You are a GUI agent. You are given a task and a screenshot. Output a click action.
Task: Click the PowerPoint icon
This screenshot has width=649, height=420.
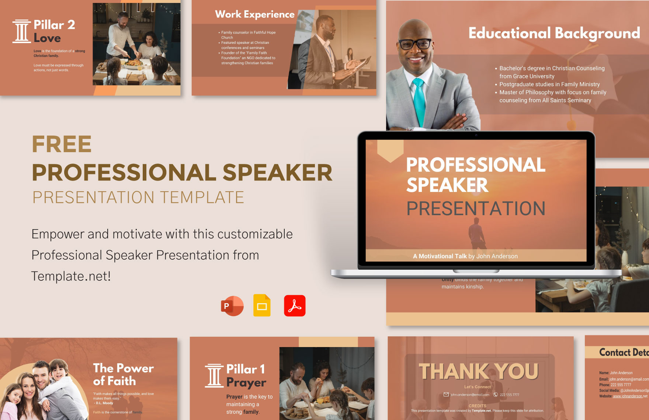click(232, 306)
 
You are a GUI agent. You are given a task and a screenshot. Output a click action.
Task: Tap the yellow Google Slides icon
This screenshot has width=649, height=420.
click(262, 306)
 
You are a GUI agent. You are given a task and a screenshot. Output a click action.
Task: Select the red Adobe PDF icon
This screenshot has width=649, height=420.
click(295, 306)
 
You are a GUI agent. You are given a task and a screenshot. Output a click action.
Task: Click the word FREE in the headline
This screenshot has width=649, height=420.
click(62, 144)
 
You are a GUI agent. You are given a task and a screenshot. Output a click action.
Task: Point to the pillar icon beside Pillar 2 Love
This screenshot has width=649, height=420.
click(21, 31)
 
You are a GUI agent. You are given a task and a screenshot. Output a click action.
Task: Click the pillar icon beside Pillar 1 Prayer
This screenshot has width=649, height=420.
click(214, 376)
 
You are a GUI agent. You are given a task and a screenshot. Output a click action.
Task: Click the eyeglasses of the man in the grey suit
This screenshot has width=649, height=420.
click(415, 44)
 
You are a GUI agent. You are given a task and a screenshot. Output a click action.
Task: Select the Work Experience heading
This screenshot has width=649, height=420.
click(255, 14)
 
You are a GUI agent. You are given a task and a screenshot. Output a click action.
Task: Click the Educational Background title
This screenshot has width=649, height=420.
click(554, 33)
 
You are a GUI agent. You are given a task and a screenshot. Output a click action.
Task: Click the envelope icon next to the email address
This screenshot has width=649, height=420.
click(446, 395)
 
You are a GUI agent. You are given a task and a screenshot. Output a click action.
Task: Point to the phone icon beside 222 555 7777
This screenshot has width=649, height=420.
click(496, 395)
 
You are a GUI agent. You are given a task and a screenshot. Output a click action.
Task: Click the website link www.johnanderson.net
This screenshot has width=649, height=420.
click(630, 396)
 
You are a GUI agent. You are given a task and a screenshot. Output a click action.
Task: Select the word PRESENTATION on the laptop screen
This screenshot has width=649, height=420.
click(476, 209)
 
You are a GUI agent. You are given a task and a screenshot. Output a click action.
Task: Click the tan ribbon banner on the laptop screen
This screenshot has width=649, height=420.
click(390, 150)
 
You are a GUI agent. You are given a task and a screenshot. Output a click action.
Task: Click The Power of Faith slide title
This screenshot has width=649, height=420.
click(123, 374)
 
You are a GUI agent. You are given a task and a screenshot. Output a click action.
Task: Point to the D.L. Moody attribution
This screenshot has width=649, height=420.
click(104, 403)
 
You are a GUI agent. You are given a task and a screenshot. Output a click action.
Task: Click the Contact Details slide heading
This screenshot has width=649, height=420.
click(624, 353)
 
